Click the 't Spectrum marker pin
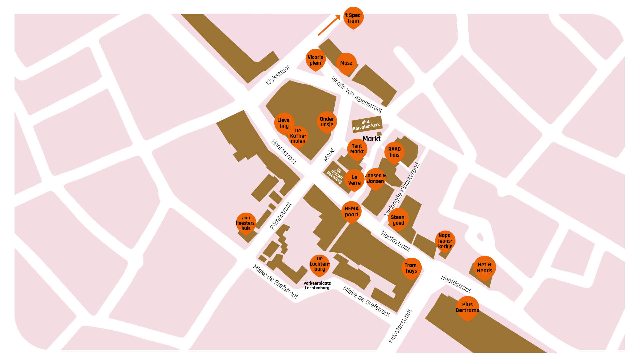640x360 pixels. coord(353,18)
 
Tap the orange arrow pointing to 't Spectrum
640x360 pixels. coord(329,25)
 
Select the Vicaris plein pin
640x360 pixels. coord(315,60)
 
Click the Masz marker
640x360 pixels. coord(346,63)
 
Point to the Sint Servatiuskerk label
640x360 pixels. coord(366,124)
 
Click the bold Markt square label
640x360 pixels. coord(371,139)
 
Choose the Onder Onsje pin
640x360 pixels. coord(327,122)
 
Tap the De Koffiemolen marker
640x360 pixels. coord(298,136)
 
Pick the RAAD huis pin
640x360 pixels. coord(394,152)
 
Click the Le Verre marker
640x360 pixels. coord(354,180)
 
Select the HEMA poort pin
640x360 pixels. coord(351,212)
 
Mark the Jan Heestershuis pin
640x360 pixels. coord(246,223)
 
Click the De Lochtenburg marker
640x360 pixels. coord(319,264)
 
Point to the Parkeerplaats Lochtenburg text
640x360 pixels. coord(317,286)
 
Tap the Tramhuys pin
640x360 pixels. coord(411,268)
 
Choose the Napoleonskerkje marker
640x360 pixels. coord(445,241)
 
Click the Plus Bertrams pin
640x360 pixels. coord(467,307)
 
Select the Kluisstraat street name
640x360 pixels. coord(278,75)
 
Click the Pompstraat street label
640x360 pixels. coord(281,216)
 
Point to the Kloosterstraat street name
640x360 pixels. coord(400,326)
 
